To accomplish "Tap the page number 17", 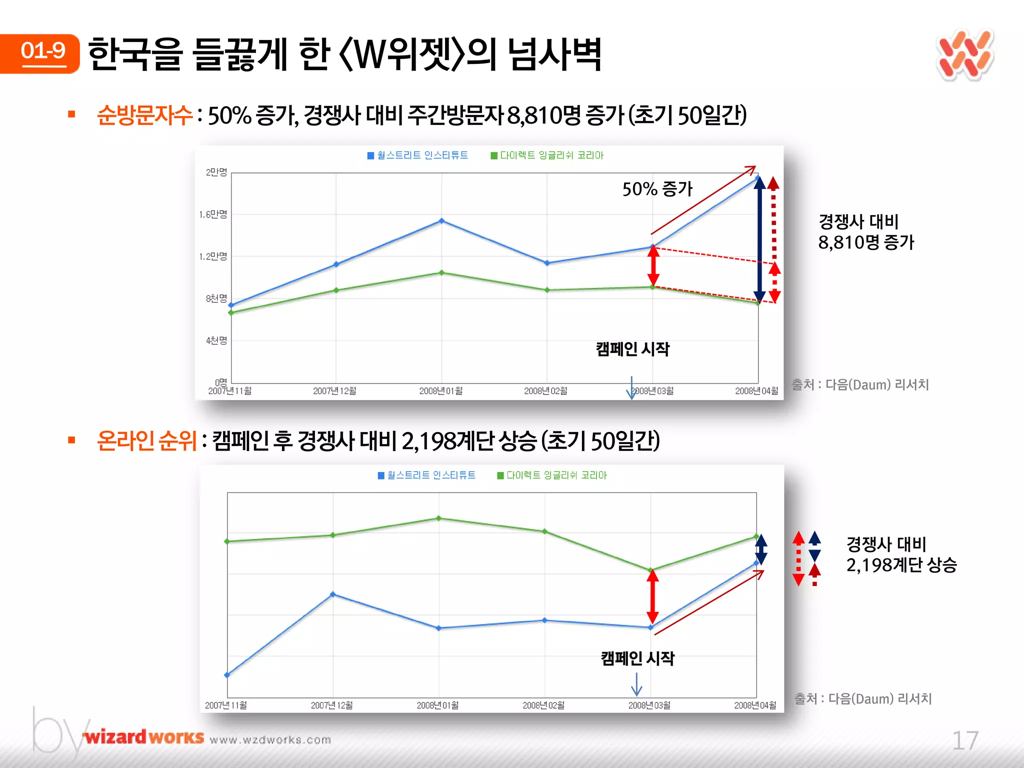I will [x=964, y=740].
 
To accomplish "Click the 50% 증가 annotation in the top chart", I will [x=657, y=189].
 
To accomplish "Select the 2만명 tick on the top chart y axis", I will [x=216, y=172].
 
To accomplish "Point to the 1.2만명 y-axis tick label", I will [x=213, y=256].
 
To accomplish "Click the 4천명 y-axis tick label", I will [x=216, y=340].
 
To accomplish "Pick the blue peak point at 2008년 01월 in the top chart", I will [x=441, y=220].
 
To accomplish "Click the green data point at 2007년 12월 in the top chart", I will [x=336, y=290].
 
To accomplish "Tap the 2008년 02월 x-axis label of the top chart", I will [x=545, y=391].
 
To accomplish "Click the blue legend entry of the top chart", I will [x=417, y=155].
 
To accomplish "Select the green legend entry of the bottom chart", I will [x=552, y=475].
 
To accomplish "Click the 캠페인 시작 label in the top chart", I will [x=632, y=348].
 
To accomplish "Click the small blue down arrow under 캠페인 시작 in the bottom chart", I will [x=636, y=684].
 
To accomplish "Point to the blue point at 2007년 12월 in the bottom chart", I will [x=333, y=594].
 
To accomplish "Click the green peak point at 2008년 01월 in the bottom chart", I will [x=438, y=518].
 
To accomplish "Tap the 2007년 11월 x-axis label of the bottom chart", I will [x=226, y=705].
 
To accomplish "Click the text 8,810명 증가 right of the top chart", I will [x=865, y=242].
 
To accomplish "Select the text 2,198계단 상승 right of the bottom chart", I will [x=901, y=565].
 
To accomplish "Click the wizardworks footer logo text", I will [x=144, y=737].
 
